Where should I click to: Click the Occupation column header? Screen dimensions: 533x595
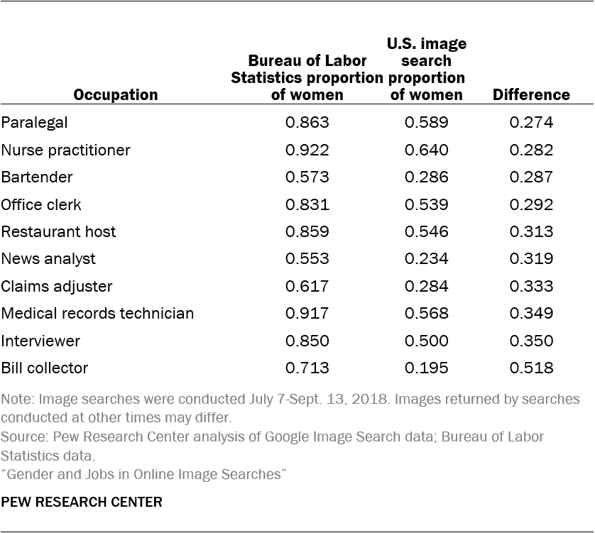[116, 94]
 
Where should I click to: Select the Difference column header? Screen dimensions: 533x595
[531, 94]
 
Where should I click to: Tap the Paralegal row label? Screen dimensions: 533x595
[35, 122]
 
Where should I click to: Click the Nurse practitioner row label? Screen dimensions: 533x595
[66, 150]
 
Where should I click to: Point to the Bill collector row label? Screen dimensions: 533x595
[45, 368]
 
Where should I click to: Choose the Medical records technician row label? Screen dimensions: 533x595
[97, 313]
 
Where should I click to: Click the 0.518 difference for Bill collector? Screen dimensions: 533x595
[531, 368]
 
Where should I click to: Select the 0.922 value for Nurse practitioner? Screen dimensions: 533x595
[307, 150]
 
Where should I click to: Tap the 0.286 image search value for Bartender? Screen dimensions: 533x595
[426, 177]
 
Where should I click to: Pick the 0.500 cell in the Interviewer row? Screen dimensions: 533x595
[426, 341]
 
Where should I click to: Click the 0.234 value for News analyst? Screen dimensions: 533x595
[426, 259]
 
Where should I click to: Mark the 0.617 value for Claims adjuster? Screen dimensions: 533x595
[307, 286]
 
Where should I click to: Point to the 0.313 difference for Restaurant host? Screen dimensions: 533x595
[531, 231]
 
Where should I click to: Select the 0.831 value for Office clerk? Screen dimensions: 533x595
[307, 204]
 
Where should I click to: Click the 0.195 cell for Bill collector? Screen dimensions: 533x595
[426, 368]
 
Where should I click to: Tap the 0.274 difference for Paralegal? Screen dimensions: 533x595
[531, 122]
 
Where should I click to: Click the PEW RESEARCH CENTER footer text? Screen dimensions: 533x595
[82, 502]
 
